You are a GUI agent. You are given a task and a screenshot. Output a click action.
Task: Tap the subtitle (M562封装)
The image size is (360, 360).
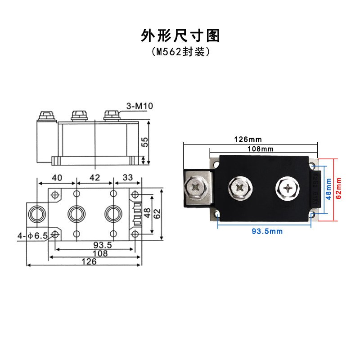pos(180,52)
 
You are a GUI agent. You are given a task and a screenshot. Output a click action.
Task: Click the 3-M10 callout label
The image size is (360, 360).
pos(140,106)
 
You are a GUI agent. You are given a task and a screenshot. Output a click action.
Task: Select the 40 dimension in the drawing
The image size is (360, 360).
pos(57,177)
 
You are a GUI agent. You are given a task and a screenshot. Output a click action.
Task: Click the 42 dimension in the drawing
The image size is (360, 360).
pos(95,177)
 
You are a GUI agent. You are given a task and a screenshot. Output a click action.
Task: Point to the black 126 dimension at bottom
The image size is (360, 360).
pos(89,262)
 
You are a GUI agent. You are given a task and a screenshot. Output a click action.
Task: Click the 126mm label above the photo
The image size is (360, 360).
pos(247,139)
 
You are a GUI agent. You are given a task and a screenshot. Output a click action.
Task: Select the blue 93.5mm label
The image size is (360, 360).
pos(267,231)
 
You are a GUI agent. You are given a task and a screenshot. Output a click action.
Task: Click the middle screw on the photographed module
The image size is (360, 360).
pos(239,187)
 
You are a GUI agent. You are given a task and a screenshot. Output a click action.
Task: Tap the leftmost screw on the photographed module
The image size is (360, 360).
pos(197,186)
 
